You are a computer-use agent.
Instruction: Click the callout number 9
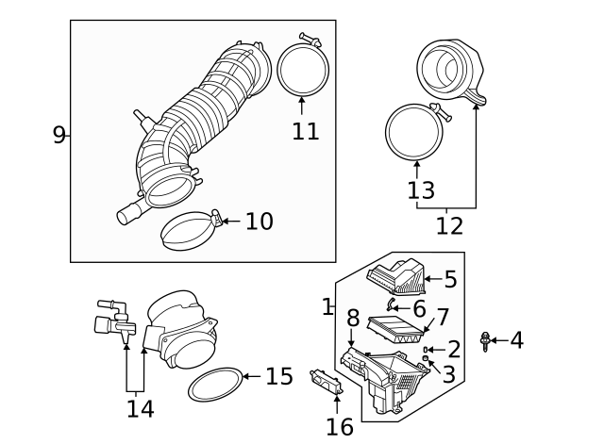pyautogui.click(x=59, y=135)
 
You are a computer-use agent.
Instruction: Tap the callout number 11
pyautogui.click(x=305, y=130)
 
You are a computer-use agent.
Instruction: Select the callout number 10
pyautogui.click(x=259, y=221)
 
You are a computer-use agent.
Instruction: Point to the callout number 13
pyautogui.click(x=421, y=190)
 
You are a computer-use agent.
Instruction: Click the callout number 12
pyautogui.click(x=449, y=226)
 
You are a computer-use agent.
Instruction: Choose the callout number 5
pyautogui.click(x=450, y=279)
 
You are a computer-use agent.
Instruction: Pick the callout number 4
pyautogui.click(x=516, y=340)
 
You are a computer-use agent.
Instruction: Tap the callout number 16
pyautogui.click(x=340, y=426)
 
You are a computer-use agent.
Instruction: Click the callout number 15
pyautogui.click(x=278, y=376)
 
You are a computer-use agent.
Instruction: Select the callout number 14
pyautogui.click(x=140, y=408)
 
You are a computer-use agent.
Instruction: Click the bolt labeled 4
pyautogui.click(x=486, y=341)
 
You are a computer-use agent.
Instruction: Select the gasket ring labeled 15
pyautogui.click(x=214, y=386)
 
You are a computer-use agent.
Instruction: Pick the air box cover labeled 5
pyautogui.click(x=394, y=275)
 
